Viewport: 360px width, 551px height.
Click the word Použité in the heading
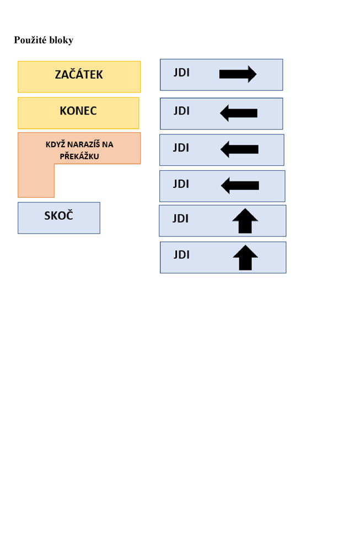tap(30, 40)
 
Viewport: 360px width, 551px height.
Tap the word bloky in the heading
tap(61, 40)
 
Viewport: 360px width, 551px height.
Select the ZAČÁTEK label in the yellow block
tap(79, 74)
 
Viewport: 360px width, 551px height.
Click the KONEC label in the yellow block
tap(78, 111)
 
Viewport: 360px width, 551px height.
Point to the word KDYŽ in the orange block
tap(56, 144)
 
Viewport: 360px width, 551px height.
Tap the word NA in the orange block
tap(108, 144)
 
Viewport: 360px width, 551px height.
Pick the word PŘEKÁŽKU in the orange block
tap(79, 156)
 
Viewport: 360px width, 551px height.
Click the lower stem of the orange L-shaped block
tap(36, 180)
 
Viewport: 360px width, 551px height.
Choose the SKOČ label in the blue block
tap(58, 215)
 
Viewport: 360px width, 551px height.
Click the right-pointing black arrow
tap(238, 74)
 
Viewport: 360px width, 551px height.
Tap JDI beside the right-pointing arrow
tap(181, 73)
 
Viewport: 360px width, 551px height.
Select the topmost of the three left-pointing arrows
tap(239, 113)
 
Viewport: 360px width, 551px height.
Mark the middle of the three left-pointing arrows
tap(239, 149)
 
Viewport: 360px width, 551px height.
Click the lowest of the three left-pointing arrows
tap(240, 186)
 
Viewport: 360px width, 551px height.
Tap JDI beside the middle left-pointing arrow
tap(181, 148)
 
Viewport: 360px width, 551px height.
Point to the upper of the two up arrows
tap(245, 221)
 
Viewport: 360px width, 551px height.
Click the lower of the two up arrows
tap(245, 257)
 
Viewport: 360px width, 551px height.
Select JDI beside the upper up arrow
tap(180, 219)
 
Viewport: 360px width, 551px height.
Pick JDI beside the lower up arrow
tap(181, 255)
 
